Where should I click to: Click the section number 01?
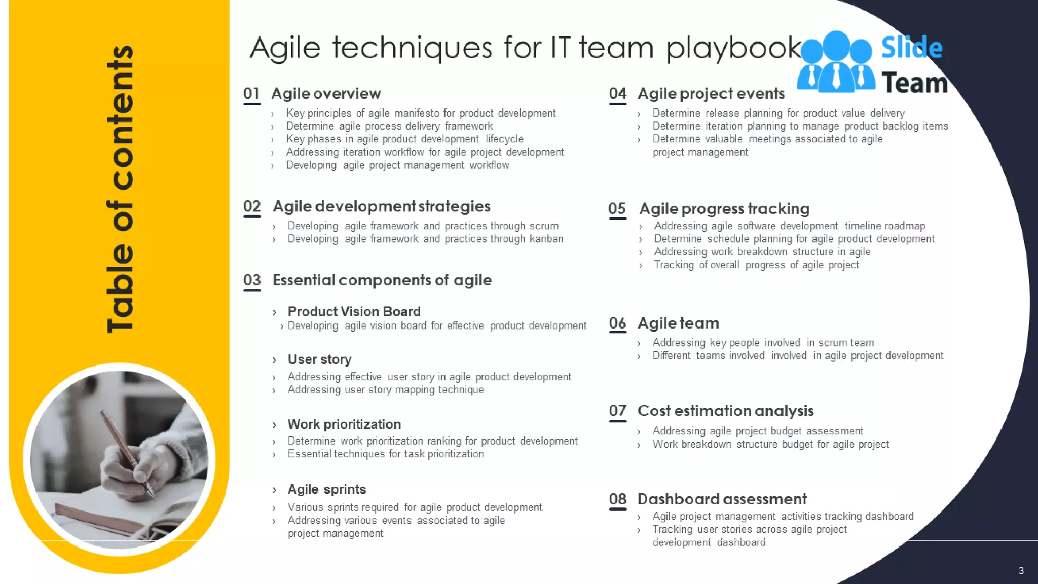251,94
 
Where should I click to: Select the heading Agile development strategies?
381,206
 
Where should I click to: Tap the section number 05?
617,208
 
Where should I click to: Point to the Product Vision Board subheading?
354,311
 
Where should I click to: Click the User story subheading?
319,359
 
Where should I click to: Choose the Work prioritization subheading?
344,424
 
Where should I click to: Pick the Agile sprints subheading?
326,489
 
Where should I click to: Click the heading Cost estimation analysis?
725,411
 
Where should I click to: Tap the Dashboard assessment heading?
722,499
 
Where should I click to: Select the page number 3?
1021,571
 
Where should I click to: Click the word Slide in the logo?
911,48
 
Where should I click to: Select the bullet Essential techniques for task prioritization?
385,454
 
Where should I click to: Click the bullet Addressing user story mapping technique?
385,390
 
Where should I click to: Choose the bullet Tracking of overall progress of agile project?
756,265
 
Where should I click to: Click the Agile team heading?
678,323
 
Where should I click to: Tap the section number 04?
617,94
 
